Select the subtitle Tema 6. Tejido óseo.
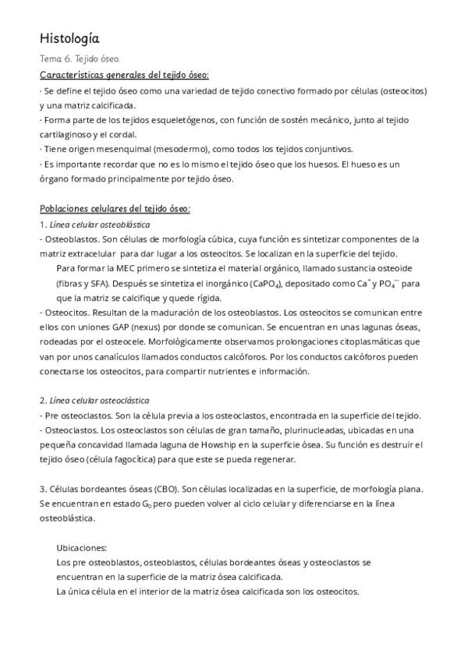tap(80, 59)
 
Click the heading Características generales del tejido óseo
tap(124, 75)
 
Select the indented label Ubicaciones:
tap(82, 548)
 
